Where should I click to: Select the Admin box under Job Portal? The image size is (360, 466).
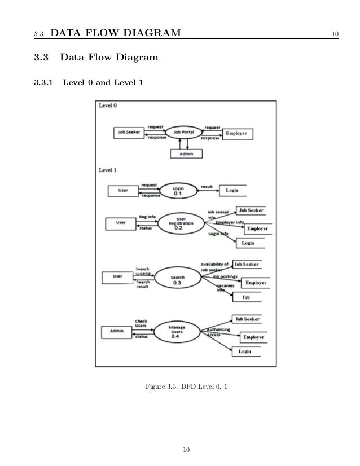[186, 153]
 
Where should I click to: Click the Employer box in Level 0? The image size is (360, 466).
[238, 134]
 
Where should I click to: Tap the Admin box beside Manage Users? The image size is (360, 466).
[117, 331]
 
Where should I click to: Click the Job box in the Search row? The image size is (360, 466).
[246, 297]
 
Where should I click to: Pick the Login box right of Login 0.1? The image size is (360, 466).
[232, 191]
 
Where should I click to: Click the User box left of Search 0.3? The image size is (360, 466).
[117, 277]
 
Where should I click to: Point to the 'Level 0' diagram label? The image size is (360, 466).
[108, 105]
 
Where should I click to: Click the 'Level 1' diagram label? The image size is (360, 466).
[108, 169]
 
